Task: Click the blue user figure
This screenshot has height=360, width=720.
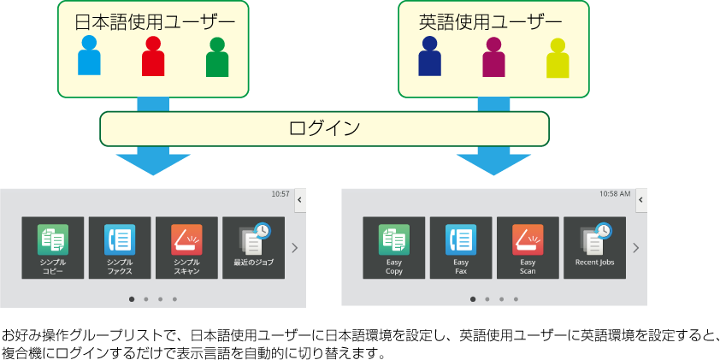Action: click(89, 56)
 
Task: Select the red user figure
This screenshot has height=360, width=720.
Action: click(153, 57)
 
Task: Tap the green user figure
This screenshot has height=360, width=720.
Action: click(217, 58)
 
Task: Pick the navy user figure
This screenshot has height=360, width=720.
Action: click(429, 56)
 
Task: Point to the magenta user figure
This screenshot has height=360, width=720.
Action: click(493, 57)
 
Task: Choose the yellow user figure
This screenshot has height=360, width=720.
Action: click(558, 58)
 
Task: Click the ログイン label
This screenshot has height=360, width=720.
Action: click(324, 128)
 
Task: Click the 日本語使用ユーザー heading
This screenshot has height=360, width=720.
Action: click(154, 21)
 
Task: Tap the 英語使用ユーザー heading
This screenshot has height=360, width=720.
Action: click(491, 21)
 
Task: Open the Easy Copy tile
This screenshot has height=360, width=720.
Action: click(394, 248)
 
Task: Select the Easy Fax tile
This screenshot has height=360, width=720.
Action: click(461, 248)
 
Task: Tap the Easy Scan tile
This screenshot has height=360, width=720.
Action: click(528, 248)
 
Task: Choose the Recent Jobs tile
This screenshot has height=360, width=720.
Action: click(594, 248)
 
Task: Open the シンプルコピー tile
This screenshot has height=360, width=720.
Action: click(53, 248)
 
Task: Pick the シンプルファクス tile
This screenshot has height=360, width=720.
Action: click(120, 248)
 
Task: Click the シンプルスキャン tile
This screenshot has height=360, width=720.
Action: click(186, 248)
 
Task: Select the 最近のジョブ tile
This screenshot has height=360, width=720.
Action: click(253, 248)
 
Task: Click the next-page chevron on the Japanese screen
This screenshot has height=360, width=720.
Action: click(294, 248)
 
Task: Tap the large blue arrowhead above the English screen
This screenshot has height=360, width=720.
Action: click(493, 162)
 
